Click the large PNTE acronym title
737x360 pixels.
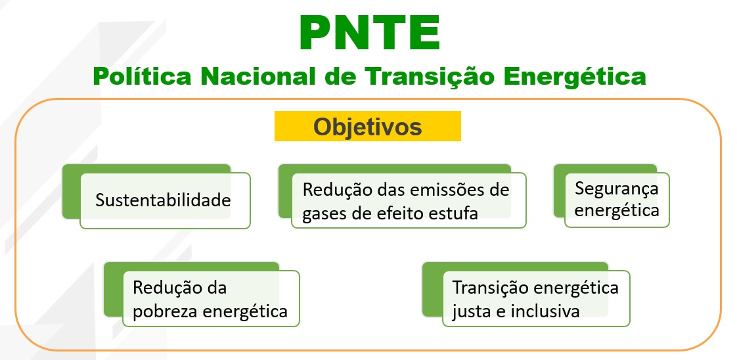click(x=368, y=33)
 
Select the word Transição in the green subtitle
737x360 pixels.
click(x=422, y=76)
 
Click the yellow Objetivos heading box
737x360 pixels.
click(x=367, y=126)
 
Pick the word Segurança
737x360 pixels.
click(x=616, y=189)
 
